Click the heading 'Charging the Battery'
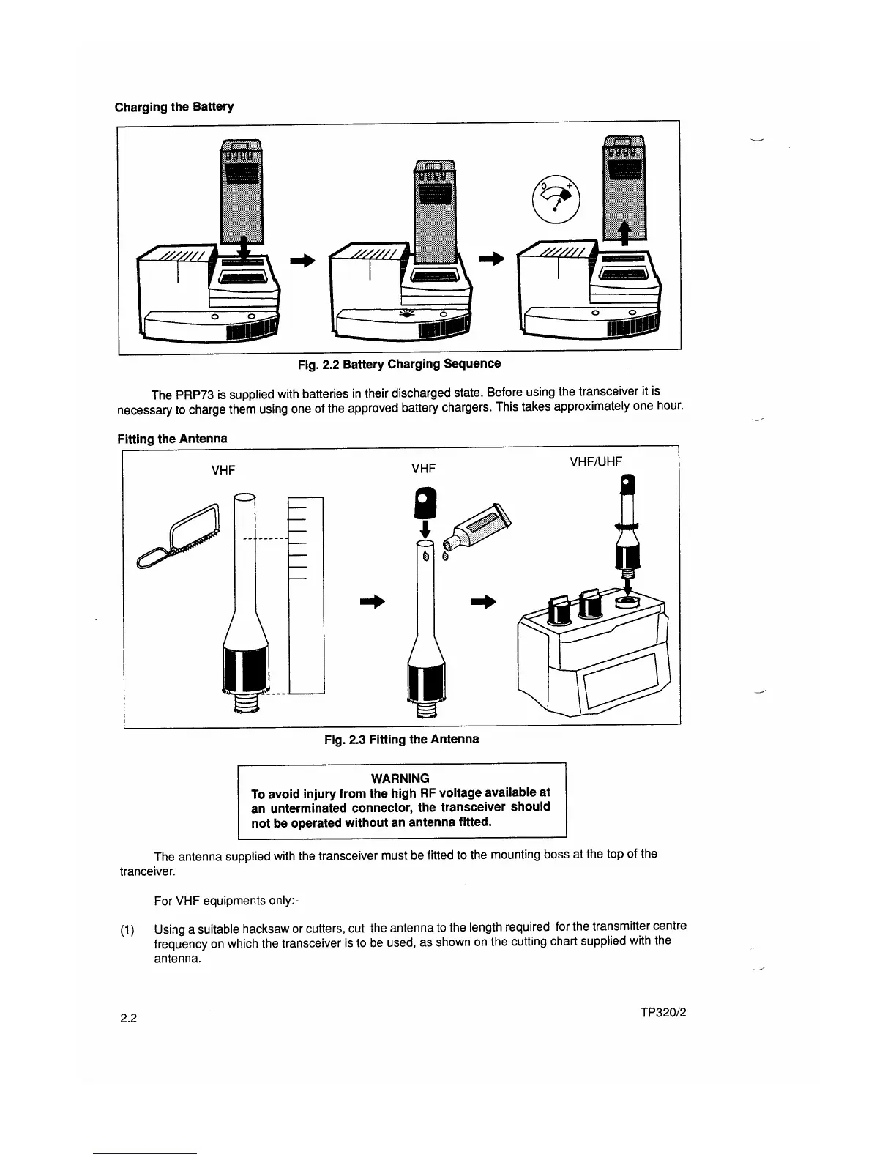[x=174, y=107]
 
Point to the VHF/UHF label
[x=595, y=461]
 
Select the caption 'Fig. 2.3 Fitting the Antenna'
[x=401, y=739]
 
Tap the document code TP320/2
[x=662, y=1013]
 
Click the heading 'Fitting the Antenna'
[x=172, y=439]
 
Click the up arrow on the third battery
[x=624, y=234]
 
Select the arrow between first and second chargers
[x=302, y=260]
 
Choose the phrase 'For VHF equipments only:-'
[x=223, y=900]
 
